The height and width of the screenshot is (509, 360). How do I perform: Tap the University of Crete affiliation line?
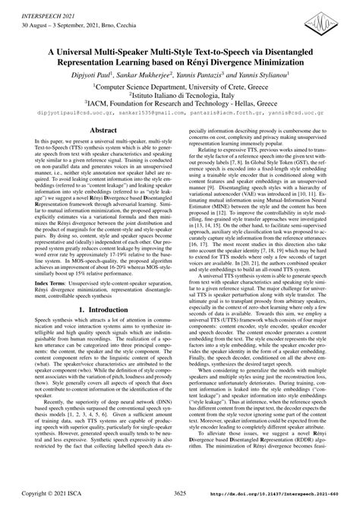pos(180,90)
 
